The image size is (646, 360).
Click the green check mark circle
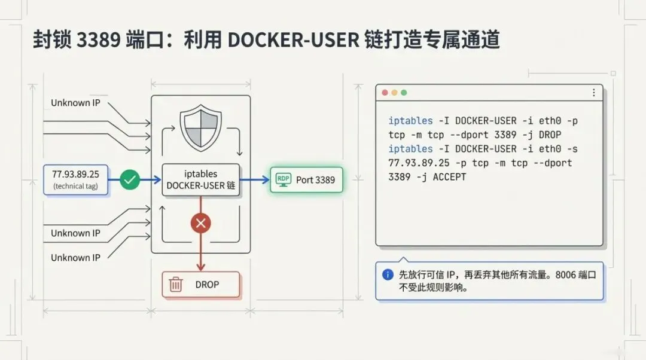click(130, 179)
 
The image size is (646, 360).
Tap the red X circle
click(200, 224)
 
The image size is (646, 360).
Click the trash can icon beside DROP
click(176, 285)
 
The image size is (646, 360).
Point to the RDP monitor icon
click(283, 179)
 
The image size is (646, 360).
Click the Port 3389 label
click(315, 179)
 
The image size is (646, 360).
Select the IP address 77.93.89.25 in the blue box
click(75, 175)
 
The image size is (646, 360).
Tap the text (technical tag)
click(75, 187)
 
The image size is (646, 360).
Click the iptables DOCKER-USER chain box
click(201, 179)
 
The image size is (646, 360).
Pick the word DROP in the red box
click(207, 285)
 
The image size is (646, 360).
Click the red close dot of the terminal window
click(385, 93)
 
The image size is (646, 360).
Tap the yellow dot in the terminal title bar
click(394, 93)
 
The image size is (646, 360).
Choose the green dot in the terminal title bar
click(404, 93)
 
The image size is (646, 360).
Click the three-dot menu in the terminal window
click(593, 93)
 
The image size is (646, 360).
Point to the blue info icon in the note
click(388, 274)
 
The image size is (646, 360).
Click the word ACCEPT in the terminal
click(449, 177)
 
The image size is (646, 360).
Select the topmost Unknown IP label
click(75, 103)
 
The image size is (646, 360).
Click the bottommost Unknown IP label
click(75, 258)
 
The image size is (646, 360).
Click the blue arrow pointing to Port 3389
click(255, 179)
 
